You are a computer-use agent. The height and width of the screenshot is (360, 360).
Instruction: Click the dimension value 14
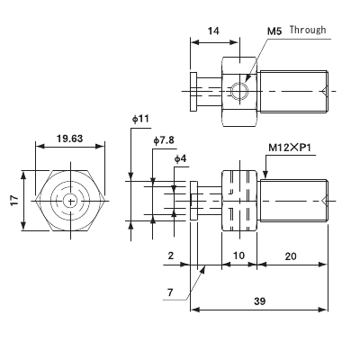[214, 30]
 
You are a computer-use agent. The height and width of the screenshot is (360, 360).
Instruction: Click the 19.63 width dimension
[69, 139]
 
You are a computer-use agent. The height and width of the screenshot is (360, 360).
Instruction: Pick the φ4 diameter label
[182, 158]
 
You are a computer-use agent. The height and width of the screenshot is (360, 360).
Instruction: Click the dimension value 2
[170, 255]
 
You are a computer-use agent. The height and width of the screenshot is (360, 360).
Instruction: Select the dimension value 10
[239, 255]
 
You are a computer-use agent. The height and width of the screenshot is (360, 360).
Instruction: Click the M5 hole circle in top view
[238, 91]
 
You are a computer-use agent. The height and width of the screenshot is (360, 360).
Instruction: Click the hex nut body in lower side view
[239, 200]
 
